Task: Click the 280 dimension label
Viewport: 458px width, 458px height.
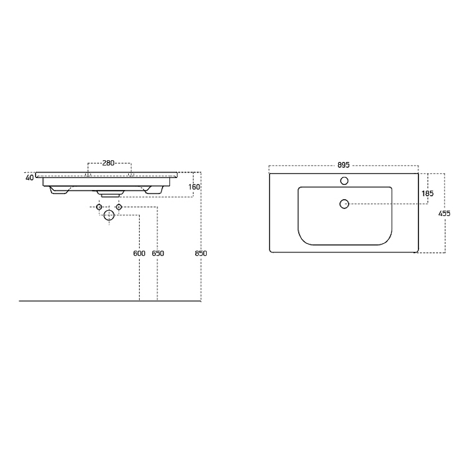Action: point(108,163)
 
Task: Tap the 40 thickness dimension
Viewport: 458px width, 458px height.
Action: point(30,177)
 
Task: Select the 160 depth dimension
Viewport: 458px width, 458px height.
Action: point(194,187)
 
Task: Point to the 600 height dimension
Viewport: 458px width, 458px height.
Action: point(139,253)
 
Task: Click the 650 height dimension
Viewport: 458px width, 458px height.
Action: point(158,253)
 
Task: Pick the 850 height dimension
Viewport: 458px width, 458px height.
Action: point(201,253)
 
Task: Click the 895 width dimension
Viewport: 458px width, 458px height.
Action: point(343,165)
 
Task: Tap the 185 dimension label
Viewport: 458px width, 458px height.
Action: point(427,194)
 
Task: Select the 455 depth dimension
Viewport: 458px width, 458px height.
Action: point(444,214)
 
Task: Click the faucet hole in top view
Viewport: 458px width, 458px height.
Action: point(345,181)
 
